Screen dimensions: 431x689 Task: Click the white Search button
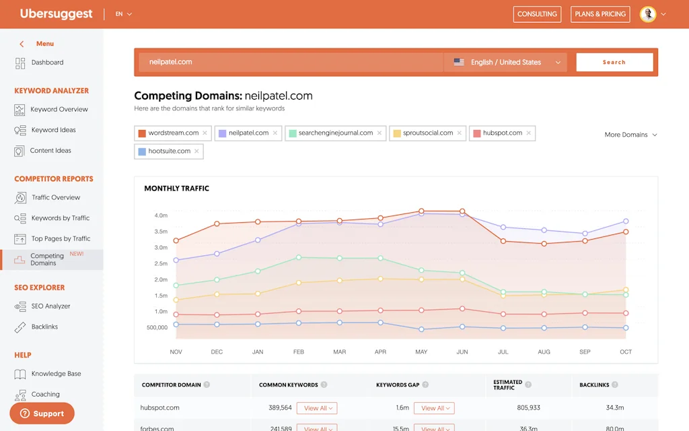pos(614,62)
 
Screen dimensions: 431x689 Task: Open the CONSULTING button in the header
pos(537,14)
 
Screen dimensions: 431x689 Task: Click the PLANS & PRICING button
pos(600,14)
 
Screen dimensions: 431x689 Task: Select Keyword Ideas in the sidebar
pos(53,130)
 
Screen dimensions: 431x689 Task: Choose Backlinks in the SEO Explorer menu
pos(44,327)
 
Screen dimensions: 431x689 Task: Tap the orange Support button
pos(42,413)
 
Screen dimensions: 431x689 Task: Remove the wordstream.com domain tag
pos(205,133)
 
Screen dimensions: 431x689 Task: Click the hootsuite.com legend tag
pos(169,152)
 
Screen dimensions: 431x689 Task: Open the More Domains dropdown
pos(630,135)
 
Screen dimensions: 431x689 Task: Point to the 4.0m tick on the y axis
pos(161,215)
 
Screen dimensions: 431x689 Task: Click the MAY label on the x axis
pos(421,352)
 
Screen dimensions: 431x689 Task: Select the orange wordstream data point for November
pos(176,240)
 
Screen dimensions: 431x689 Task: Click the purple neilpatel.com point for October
pos(626,221)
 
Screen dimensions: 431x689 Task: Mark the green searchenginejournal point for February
pos(299,257)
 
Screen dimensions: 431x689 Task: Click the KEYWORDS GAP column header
pos(398,385)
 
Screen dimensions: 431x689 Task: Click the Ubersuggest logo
pos(57,14)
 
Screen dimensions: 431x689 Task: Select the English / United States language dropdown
pos(506,62)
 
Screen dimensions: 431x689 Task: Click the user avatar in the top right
pos(647,14)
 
